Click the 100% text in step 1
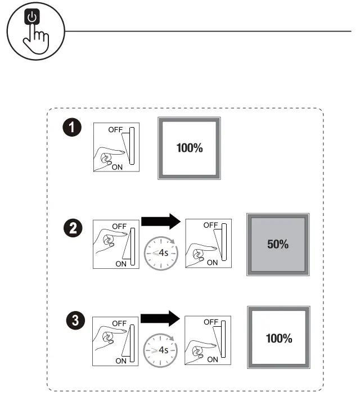(189, 148)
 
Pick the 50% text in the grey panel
(278, 245)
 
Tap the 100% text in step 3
(278, 338)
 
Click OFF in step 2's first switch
(119, 226)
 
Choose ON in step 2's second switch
(213, 263)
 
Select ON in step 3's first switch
(121, 361)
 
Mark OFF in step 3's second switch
(211, 321)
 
